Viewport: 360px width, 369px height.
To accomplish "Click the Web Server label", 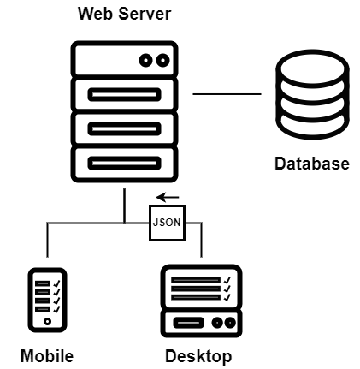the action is pyautogui.click(x=125, y=14).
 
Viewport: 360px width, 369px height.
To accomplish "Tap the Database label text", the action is pyautogui.click(x=312, y=164).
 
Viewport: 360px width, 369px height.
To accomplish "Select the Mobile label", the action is pyautogui.click(x=47, y=356).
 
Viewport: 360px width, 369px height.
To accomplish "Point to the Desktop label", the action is pyautogui.click(x=198, y=357).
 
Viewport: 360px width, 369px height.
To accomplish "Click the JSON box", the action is pyautogui.click(x=168, y=223).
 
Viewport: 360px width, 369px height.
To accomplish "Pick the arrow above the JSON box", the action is pyautogui.click(x=168, y=197).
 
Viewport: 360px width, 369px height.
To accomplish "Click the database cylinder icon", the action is pyautogui.click(x=312, y=94).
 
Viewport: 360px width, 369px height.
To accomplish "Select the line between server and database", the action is pyautogui.click(x=227, y=93).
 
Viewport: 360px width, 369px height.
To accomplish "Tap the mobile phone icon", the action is pyautogui.click(x=47, y=300).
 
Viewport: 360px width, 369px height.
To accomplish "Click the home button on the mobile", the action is pyautogui.click(x=47, y=322).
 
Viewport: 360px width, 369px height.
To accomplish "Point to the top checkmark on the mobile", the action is pyautogui.click(x=56, y=283).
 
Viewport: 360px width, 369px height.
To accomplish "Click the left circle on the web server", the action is pyautogui.click(x=145, y=61).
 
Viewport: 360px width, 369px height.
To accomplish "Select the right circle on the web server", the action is pyautogui.click(x=162, y=61).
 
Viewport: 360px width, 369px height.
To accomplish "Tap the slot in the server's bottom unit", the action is pyautogui.click(x=124, y=164).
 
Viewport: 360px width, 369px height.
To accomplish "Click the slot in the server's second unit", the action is pyautogui.click(x=124, y=95).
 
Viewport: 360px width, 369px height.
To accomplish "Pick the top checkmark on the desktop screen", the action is pyautogui.click(x=227, y=280).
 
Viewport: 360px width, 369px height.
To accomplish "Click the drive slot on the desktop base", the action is pyautogui.click(x=188, y=323).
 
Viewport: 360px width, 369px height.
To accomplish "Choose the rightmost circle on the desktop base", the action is pyautogui.click(x=230, y=323).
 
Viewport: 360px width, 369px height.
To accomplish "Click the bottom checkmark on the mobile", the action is pyautogui.click(x=56, y=309).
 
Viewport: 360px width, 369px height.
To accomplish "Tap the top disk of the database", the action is pyautogui.click(x=312, y=68).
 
